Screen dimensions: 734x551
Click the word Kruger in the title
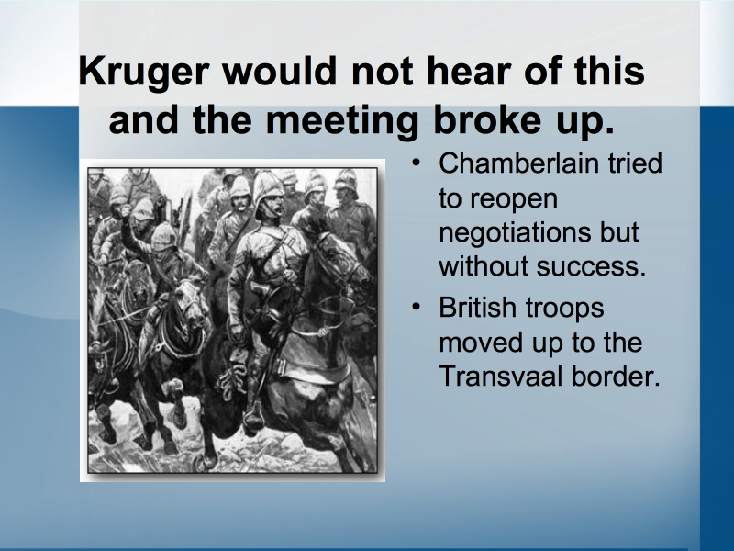(x=144, y=73)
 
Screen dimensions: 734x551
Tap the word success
(x=591, y=266)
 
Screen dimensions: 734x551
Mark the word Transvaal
(x=500, y=376)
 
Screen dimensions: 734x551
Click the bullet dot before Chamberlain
(x=416, y=163)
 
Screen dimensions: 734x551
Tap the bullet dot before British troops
(x=416, y=307)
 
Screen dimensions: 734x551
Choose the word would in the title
(x=280, y=72)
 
